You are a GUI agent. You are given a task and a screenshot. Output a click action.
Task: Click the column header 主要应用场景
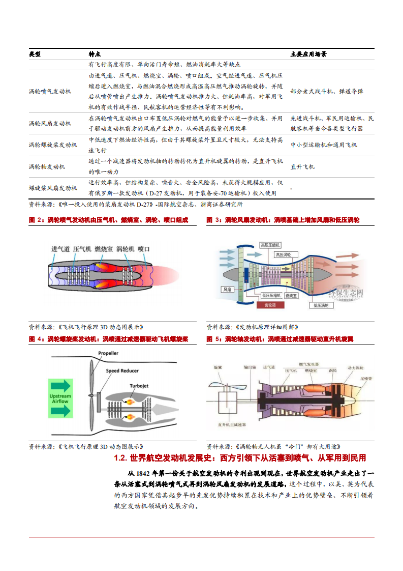308,54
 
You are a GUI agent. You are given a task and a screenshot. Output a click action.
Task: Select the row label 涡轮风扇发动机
50,123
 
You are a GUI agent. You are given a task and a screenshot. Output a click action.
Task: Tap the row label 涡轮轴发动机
47,166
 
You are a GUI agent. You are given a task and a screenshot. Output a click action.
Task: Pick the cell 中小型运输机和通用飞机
323,145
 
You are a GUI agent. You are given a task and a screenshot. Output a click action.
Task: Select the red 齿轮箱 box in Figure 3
267,305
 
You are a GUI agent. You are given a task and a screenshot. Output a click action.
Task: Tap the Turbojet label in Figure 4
139,386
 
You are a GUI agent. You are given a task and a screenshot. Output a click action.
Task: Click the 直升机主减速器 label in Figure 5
231,424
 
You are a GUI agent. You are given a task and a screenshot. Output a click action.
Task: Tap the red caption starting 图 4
109,338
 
